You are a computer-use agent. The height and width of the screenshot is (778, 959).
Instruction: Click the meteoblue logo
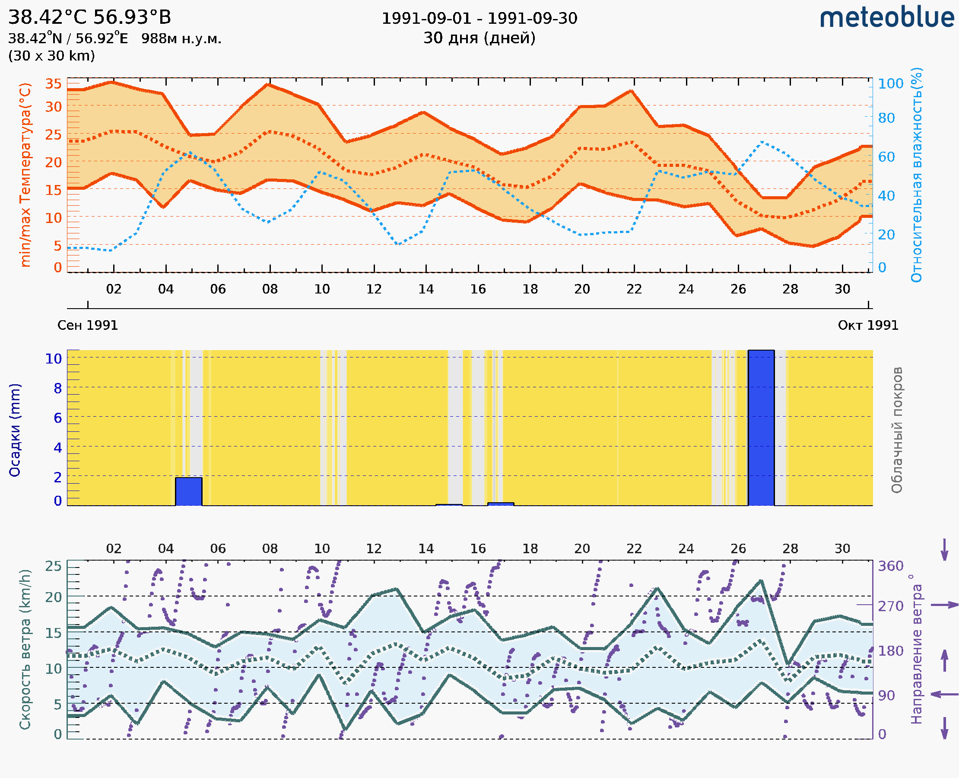[886, 18]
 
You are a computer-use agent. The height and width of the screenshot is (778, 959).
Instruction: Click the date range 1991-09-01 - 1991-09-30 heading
[479, 19]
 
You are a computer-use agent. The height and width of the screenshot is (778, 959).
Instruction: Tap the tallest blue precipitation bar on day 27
[761, 427]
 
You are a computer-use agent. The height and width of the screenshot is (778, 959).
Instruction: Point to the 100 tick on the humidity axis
[890, 84]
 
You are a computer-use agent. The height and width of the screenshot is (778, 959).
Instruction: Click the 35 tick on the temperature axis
[53, 84]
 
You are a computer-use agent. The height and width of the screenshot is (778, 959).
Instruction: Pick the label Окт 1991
[867, 325]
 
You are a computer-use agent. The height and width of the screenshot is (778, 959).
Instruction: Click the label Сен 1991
[88, 325]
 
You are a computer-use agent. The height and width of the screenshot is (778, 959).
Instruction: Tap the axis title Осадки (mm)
[15, 430]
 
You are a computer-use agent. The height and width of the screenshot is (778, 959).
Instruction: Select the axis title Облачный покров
[896, 430]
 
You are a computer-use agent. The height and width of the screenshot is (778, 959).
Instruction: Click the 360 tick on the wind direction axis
[890, 566]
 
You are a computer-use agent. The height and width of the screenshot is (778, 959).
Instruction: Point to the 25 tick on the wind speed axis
[53, 566]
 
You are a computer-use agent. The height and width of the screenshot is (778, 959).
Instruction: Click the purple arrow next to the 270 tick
[944, 605]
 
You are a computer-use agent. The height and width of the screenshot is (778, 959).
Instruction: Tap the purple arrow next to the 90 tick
[944, 695]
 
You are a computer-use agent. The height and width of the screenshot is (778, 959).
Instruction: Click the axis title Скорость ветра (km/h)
[25, 650]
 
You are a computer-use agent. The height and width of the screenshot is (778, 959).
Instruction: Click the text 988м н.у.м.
[181, 39]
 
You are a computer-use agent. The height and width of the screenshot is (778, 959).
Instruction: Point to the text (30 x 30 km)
[51, 56]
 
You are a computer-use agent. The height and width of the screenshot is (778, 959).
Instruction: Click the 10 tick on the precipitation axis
[53, 358]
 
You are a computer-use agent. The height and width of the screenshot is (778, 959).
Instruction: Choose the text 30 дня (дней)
[479, 38]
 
